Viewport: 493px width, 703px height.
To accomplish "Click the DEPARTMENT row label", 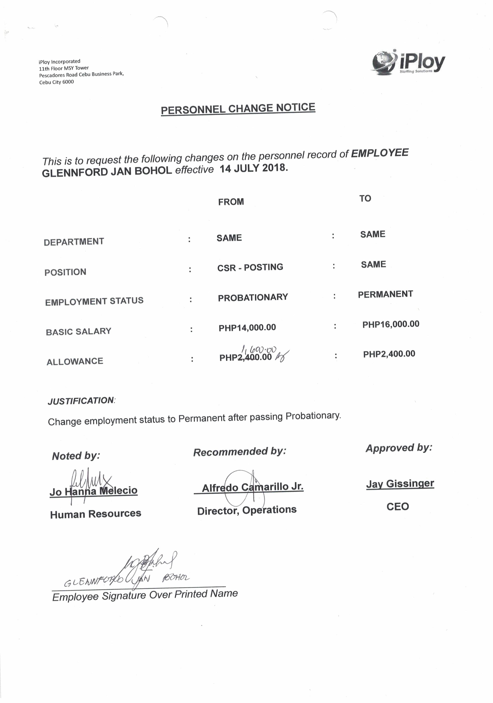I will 74,242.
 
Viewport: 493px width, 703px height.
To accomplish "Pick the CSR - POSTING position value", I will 250,267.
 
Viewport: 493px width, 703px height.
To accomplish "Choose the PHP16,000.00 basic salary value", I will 391,324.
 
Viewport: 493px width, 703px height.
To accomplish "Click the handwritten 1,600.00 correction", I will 259,349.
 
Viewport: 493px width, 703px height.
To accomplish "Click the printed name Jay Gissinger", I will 400,484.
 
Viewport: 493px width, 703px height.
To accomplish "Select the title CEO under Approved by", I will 397,506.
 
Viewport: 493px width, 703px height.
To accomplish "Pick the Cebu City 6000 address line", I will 56,82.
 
